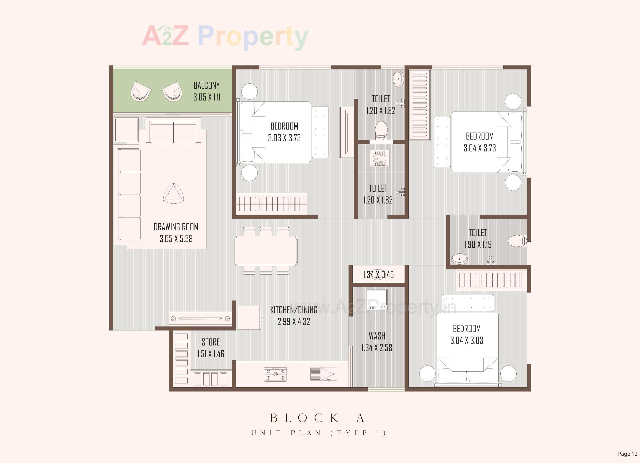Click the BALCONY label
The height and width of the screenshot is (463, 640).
(x=207, y=85)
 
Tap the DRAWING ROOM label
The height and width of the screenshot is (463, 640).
(x=176, y=227)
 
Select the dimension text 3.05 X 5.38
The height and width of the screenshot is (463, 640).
(x=176, y=239)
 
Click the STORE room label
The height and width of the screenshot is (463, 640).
(x=211, y=342)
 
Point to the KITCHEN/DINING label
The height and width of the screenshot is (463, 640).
(x=294, y=310)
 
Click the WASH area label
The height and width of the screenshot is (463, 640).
(x=377, y=336)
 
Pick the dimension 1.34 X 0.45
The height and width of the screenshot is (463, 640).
(x=378, y=275)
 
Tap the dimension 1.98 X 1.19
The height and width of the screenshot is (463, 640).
(x=478, y=244)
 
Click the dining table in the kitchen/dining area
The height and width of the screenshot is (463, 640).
(x=266, y=251)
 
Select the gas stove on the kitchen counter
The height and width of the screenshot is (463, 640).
(x=275, y=374)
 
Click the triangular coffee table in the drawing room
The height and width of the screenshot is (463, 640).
(x=173, y=194)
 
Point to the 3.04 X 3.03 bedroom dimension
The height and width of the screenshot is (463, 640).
(x=467, y=340)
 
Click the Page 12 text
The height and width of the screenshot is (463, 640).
(x=627, y=454)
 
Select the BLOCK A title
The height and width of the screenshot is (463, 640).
(x=318, y=418)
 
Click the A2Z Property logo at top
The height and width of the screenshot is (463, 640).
(x=225, y=37)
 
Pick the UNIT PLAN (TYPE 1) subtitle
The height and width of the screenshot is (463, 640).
(x=319, y=433)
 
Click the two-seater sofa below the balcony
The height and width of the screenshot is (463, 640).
(x=173, y=132)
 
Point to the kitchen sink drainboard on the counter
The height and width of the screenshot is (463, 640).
(x=323, y=374)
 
